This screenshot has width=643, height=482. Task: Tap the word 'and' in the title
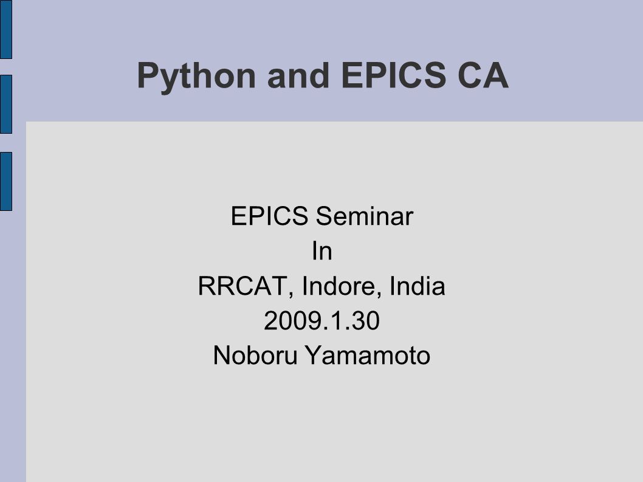(298, 75)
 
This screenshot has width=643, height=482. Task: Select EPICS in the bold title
(393, 75)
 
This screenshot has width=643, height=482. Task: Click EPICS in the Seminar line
(269, 216)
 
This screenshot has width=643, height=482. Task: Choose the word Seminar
(365, 216)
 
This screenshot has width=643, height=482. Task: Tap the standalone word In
(322, 250)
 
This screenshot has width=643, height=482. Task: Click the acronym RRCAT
(242, 286)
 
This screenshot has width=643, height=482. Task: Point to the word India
(417, 286)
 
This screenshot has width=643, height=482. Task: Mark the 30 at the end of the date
(366, 320)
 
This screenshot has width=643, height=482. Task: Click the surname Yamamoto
(368, 355)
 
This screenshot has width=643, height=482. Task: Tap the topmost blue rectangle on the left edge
(6, 29)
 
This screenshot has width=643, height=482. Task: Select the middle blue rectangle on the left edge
(6, 104)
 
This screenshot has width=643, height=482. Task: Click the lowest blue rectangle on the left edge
(6, 181)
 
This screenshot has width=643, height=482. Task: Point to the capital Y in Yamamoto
(314, 355)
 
